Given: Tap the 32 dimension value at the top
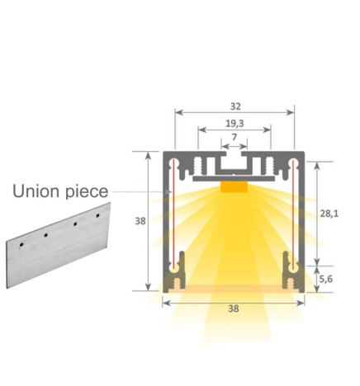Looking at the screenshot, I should (234, 106).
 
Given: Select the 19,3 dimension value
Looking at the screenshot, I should (234, 124).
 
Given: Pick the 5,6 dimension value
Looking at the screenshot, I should (328, 278).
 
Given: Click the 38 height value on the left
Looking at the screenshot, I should (141, 221).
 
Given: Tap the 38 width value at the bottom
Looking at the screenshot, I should (234, 309).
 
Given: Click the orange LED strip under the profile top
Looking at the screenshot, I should (234, 186).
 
